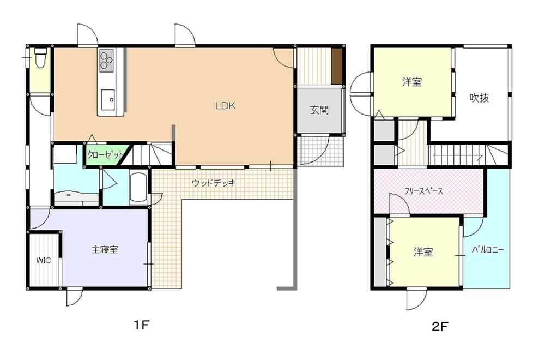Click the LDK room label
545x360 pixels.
[x=225, y=106]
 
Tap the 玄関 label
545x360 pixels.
[x=319, y=111]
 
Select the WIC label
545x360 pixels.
[x=44, y=260]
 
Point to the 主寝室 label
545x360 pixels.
[x=105, y=250]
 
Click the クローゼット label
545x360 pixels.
[x=105, y=155]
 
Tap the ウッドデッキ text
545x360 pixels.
[x=214, y=183]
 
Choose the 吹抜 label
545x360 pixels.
[x=479, y=98]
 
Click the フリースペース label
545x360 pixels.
[x=423, y=191]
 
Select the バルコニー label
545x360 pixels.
[x=488, y=250]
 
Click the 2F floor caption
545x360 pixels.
[x=440, y=326]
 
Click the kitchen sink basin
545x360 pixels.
[x=108, y=99]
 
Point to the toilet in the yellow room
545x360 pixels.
[x=41, y=57]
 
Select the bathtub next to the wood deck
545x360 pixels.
[x=138, y=187]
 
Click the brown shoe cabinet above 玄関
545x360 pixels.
[x=336, y=66]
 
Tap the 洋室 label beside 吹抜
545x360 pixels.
[x=412, y=82]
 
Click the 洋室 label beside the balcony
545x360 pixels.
[x=423, y=252]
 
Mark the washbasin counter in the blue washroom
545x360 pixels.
[x=77, y=197]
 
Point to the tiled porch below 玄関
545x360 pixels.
[x=320, y=151]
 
